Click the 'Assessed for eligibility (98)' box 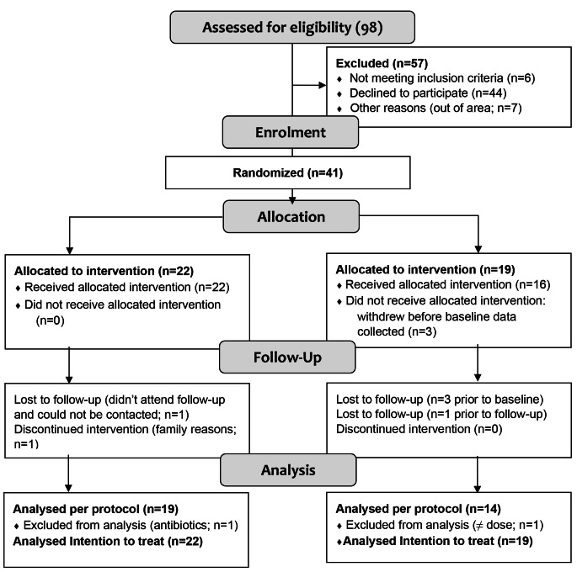click(x=292, y=26)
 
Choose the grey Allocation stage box click(x=291, y=216)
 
